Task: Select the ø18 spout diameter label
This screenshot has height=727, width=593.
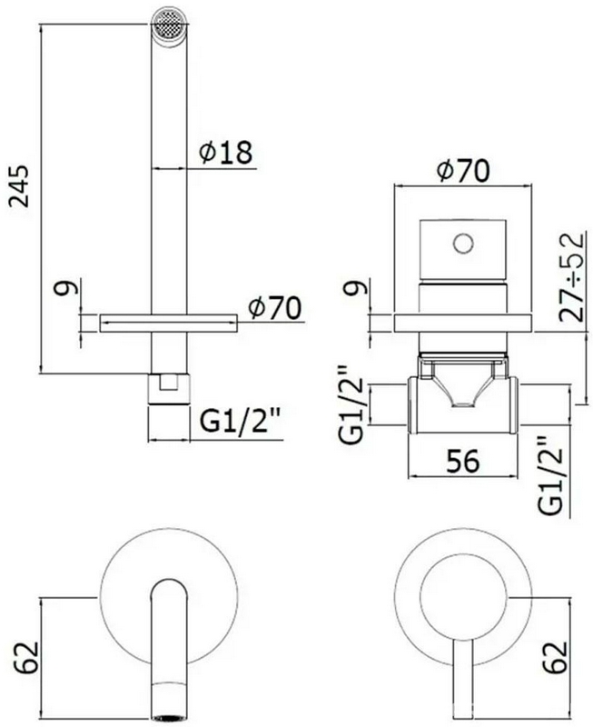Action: click(x=225, y=153)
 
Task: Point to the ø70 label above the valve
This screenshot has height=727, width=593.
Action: click(x=463, y=170)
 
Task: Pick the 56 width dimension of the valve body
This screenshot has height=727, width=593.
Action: click(x=460, y=461)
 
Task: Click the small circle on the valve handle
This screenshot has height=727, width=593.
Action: click(x=462, y=243)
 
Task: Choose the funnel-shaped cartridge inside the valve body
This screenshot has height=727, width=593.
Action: click(x=463, y=383)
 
